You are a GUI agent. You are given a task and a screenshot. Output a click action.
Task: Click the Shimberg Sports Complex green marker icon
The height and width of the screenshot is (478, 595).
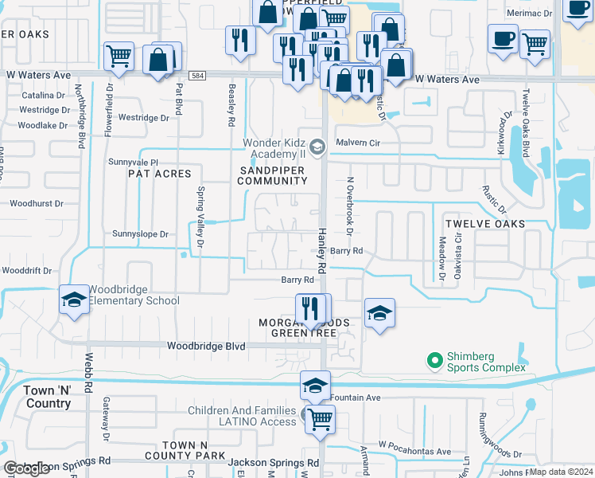[x=434, y=361]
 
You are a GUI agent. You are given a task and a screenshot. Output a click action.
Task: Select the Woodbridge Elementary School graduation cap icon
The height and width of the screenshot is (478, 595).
[x=73, y=300]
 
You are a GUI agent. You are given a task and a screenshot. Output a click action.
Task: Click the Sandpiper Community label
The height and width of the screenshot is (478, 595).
[x=272, y=174]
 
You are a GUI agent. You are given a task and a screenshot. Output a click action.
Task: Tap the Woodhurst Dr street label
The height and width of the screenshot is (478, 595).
[x=37, y=204]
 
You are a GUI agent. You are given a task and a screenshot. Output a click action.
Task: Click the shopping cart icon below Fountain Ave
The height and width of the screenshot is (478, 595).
[x=320, y=419]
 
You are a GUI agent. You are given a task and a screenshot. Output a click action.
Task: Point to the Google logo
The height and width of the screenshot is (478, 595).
[x=26, y=468]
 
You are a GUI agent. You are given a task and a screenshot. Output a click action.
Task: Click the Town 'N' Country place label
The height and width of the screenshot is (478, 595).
[x=48, y=397]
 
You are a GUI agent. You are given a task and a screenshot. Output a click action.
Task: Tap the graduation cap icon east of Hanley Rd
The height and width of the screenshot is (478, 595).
[x=379, y=312]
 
